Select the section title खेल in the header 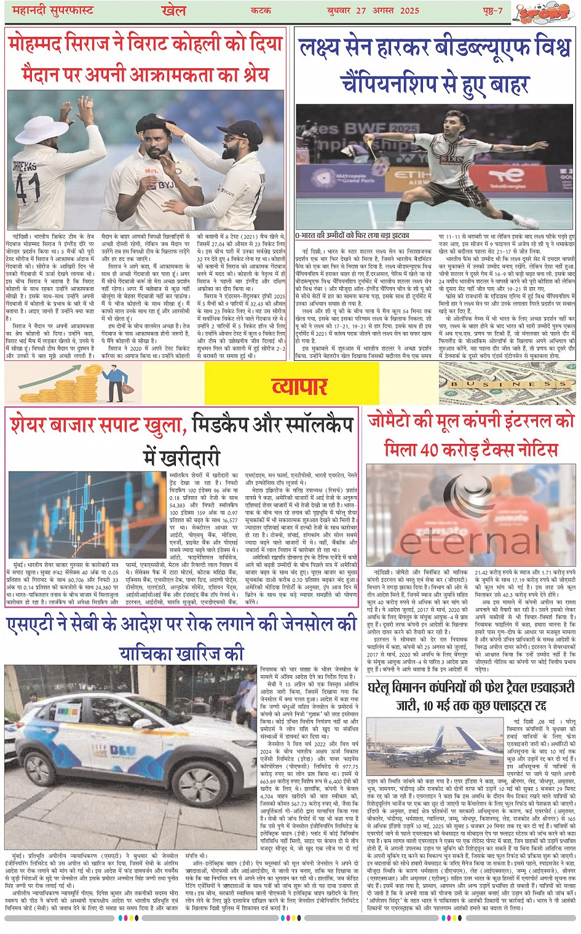point(173,10)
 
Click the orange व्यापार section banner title point(299,386)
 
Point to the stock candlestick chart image point(87,515)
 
